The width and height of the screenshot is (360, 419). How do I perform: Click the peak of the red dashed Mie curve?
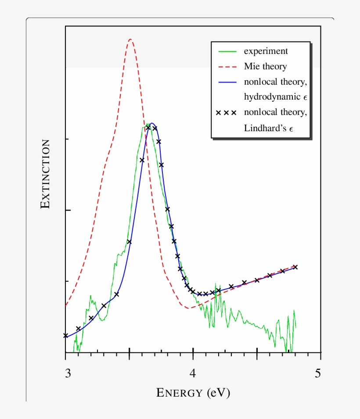tap(130, 39)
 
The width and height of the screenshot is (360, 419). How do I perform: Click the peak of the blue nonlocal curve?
tap(151, 123)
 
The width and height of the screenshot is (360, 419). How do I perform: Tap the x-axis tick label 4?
tap(193, 374)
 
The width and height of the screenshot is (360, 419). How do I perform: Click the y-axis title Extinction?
tap(45, 174)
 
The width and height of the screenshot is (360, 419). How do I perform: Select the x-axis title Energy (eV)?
tap(193, 392)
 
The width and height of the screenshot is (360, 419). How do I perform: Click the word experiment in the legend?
tap(266, 51)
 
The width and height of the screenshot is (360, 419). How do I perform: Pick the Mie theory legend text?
tap(265, 67)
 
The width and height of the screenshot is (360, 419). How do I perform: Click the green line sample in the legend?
tap(227, 51)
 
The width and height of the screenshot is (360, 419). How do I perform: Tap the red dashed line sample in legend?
tap(227, 67)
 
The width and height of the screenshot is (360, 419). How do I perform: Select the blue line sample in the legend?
tap(227, 82)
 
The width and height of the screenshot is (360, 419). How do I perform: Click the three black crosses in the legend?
tap(227, 113)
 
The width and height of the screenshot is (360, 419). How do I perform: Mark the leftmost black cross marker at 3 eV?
tap(66, 336)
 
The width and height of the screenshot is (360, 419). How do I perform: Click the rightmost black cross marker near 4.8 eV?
tap(295, 267)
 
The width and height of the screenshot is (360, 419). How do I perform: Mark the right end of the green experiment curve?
tap(295, 327)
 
